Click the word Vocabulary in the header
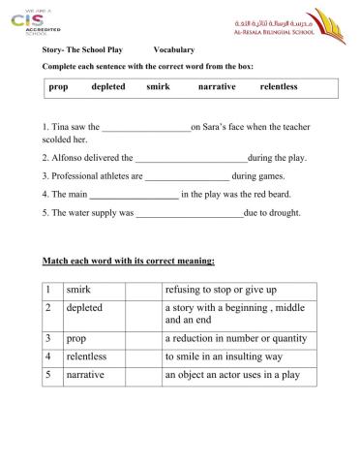tap(174, 48)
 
